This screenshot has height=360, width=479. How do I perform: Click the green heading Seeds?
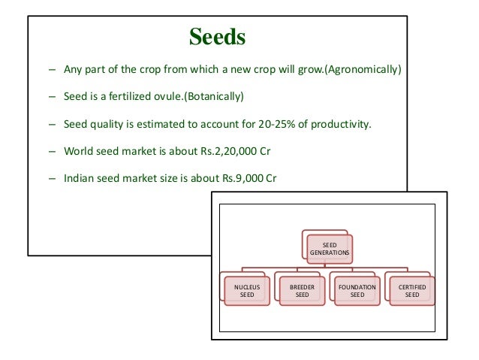click(217, 38)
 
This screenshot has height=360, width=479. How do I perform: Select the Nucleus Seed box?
click(247, 291)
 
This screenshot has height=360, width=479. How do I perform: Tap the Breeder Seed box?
click(302, 291)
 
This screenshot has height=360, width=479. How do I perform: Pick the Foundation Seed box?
click(357, 291)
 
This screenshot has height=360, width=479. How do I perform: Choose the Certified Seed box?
click(412, 291)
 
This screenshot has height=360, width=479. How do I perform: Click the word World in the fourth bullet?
click(78, 150)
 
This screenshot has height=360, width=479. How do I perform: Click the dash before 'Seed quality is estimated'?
click(51, 124)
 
